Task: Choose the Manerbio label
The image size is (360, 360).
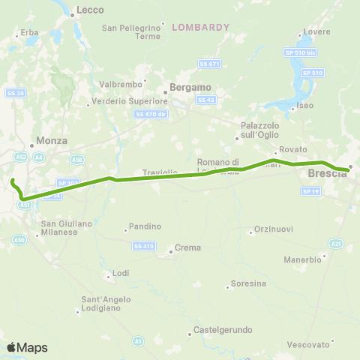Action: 325,259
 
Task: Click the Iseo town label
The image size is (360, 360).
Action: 305,106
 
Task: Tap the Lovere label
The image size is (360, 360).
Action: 312,33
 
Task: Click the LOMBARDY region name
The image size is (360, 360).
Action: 200,27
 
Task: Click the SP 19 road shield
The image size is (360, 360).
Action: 311,191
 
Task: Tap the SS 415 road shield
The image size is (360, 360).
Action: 142,246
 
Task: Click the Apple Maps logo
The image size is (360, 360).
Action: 26,347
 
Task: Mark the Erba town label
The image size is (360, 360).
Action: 30,33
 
